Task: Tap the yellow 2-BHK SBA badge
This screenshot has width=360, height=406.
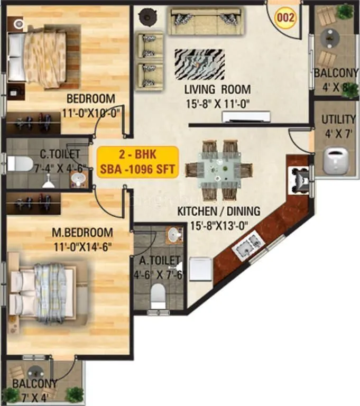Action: click(137, 162)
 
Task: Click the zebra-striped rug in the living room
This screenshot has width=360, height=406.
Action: click(199, 63)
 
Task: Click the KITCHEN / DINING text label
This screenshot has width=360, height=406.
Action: click(219, 211)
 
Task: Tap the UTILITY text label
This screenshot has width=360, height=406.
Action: click(338, 119)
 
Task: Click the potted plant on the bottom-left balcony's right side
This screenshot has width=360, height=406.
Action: click(75, 394)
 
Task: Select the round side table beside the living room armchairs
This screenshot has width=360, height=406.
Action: click(145, 17)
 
